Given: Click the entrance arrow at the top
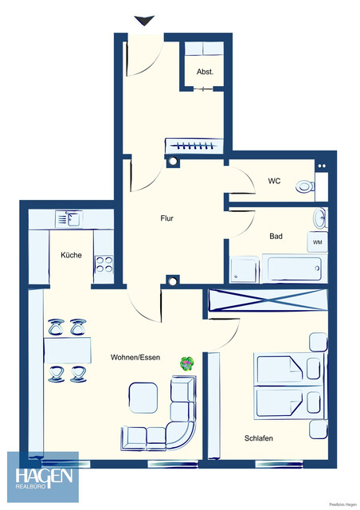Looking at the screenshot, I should [144, 21].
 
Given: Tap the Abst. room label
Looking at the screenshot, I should [205, 72].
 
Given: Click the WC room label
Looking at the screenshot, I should [273, 181].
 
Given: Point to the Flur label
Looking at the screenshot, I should [166, 218].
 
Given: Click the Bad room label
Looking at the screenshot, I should [276, 237].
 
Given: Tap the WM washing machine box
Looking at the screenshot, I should [316, 242].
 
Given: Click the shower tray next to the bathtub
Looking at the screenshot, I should [244, 270].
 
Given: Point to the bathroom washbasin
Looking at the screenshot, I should [319, 217].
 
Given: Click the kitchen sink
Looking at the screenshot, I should [67, 218].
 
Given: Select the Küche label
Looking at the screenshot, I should [71, 255].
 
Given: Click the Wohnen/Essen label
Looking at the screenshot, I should [135, 358].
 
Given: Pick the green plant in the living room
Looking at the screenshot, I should [186, 363].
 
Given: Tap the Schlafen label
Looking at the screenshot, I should [260, 437].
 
